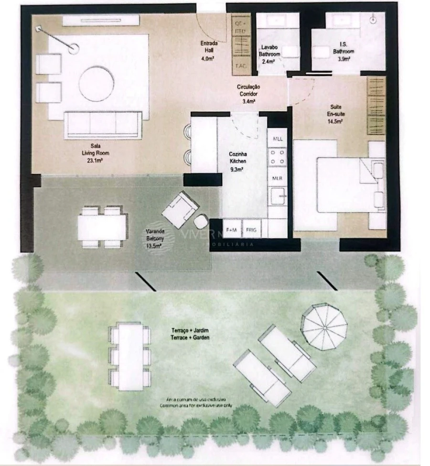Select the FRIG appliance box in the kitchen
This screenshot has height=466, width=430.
(x=251, y=230)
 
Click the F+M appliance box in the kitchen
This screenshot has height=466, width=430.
(x=232, y=230)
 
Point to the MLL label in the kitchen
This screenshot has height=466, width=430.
(x=278, y=139)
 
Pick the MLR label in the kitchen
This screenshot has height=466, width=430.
(x=278, y=177)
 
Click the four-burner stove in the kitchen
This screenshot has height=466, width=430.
(x=278, y=158)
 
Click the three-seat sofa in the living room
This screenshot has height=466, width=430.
(x=103, y=125)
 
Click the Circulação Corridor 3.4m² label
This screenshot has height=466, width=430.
(x=248, y=94)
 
